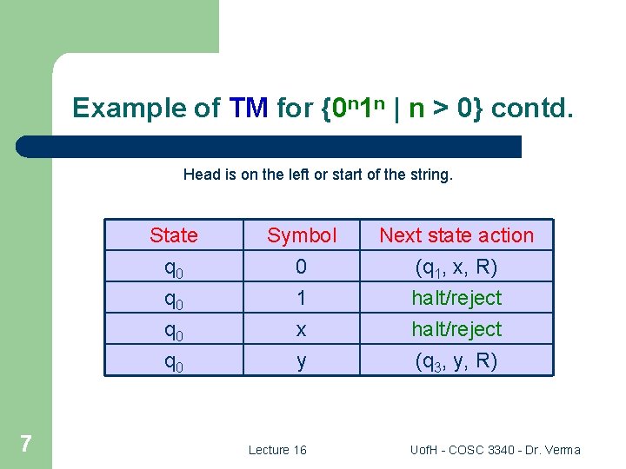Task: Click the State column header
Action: pyautogui.click(x=174, y=235)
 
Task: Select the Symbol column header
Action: pyautogui.click(x=301, y=235)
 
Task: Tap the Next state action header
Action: pyautogui.click(x=456, y=235)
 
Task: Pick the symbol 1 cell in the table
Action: pyautogui.click(x=301, y=298)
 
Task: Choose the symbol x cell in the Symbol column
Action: pyautogui.click(x=301, y=329)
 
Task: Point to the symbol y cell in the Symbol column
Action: pyautogui.click(x=301, y=360)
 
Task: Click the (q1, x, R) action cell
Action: pyautogui.click(x=456, y=267)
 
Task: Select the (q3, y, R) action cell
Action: pyautogui.click(x=456, y=360)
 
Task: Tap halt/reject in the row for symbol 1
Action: pyautogui.click(x=456, y=298)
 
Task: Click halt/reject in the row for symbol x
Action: pyautogui.click(x=456, y=329)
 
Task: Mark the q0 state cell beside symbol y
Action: pyautogui.click(x=174, y=361)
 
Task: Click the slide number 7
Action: pyautogui.click(x=26, y=445)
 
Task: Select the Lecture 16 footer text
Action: pyautogui.click(x=277, y=450)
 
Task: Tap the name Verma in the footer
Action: pyautogui.click(x=562, y=450)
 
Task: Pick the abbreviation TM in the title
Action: pyautogui.click(x=250, y=109)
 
